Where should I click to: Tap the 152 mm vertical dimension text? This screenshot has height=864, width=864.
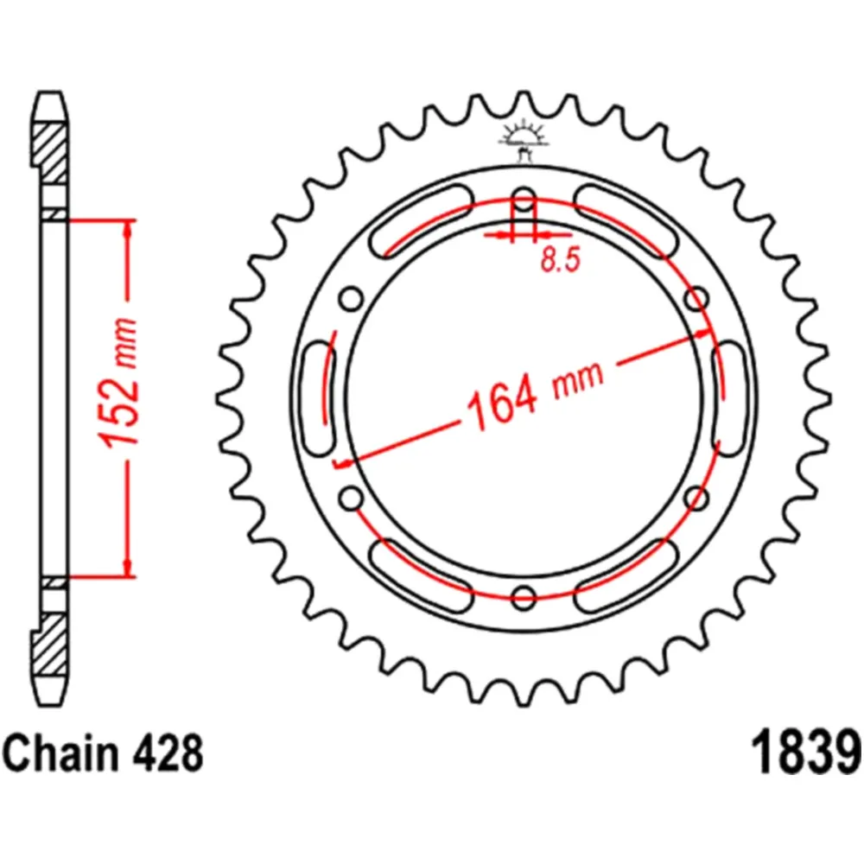[x=117, y=383]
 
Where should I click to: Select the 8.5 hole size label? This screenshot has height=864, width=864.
[x=561, y=259]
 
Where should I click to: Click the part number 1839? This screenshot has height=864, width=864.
[x=805, y=753]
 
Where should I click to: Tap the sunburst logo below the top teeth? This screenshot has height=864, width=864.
[x=524, y=139]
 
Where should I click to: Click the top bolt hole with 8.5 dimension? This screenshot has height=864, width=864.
[x=524, y=200]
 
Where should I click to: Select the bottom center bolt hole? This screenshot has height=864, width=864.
[x=524, y=595]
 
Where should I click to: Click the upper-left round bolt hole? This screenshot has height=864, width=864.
[x=351, y=299]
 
